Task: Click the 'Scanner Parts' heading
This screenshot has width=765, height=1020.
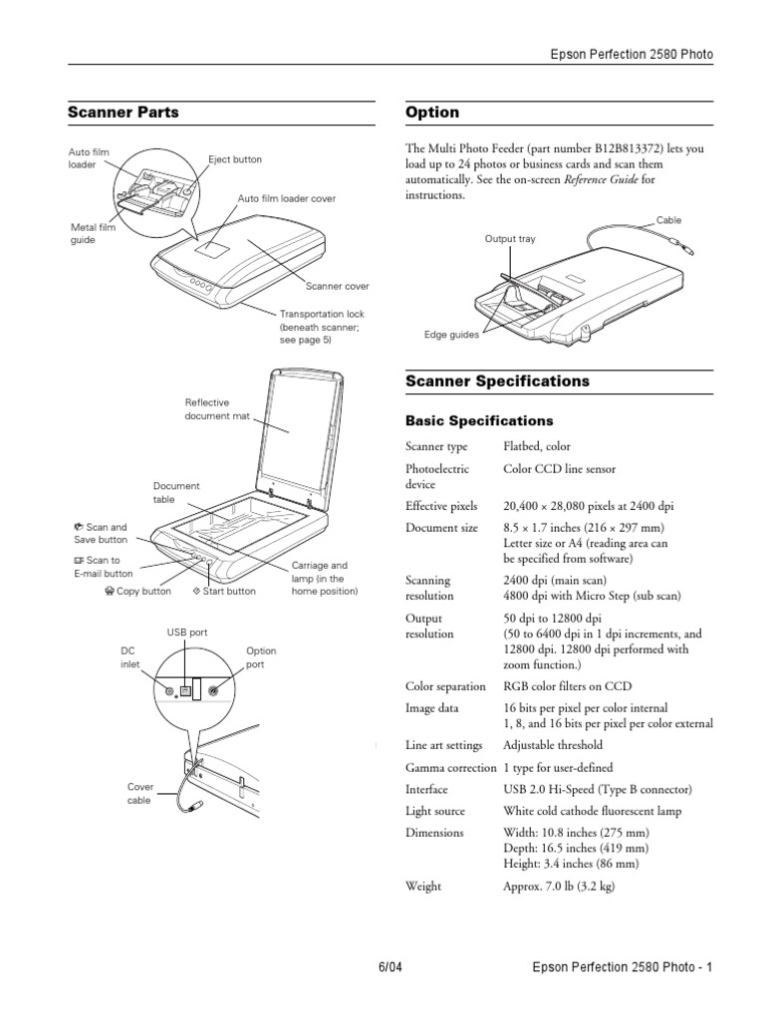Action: (x=123, y=113)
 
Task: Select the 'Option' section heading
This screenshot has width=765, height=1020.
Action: (x=432, y=113)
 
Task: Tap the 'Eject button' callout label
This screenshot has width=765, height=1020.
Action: (x=235, y=159)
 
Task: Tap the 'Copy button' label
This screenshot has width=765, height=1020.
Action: (x=137, y=591)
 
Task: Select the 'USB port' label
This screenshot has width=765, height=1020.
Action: (x=186, y=633)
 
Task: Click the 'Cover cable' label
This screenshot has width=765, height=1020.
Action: (x=139, y=793)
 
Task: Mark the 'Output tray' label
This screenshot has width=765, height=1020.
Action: (x=510, y=239)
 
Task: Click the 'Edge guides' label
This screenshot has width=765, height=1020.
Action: (x=451, y=335)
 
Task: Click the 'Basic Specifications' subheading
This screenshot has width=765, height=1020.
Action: (x=479, y=420)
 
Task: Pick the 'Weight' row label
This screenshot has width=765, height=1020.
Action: (x=423, y=885)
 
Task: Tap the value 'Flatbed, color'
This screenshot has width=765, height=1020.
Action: (x=537, y=446)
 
